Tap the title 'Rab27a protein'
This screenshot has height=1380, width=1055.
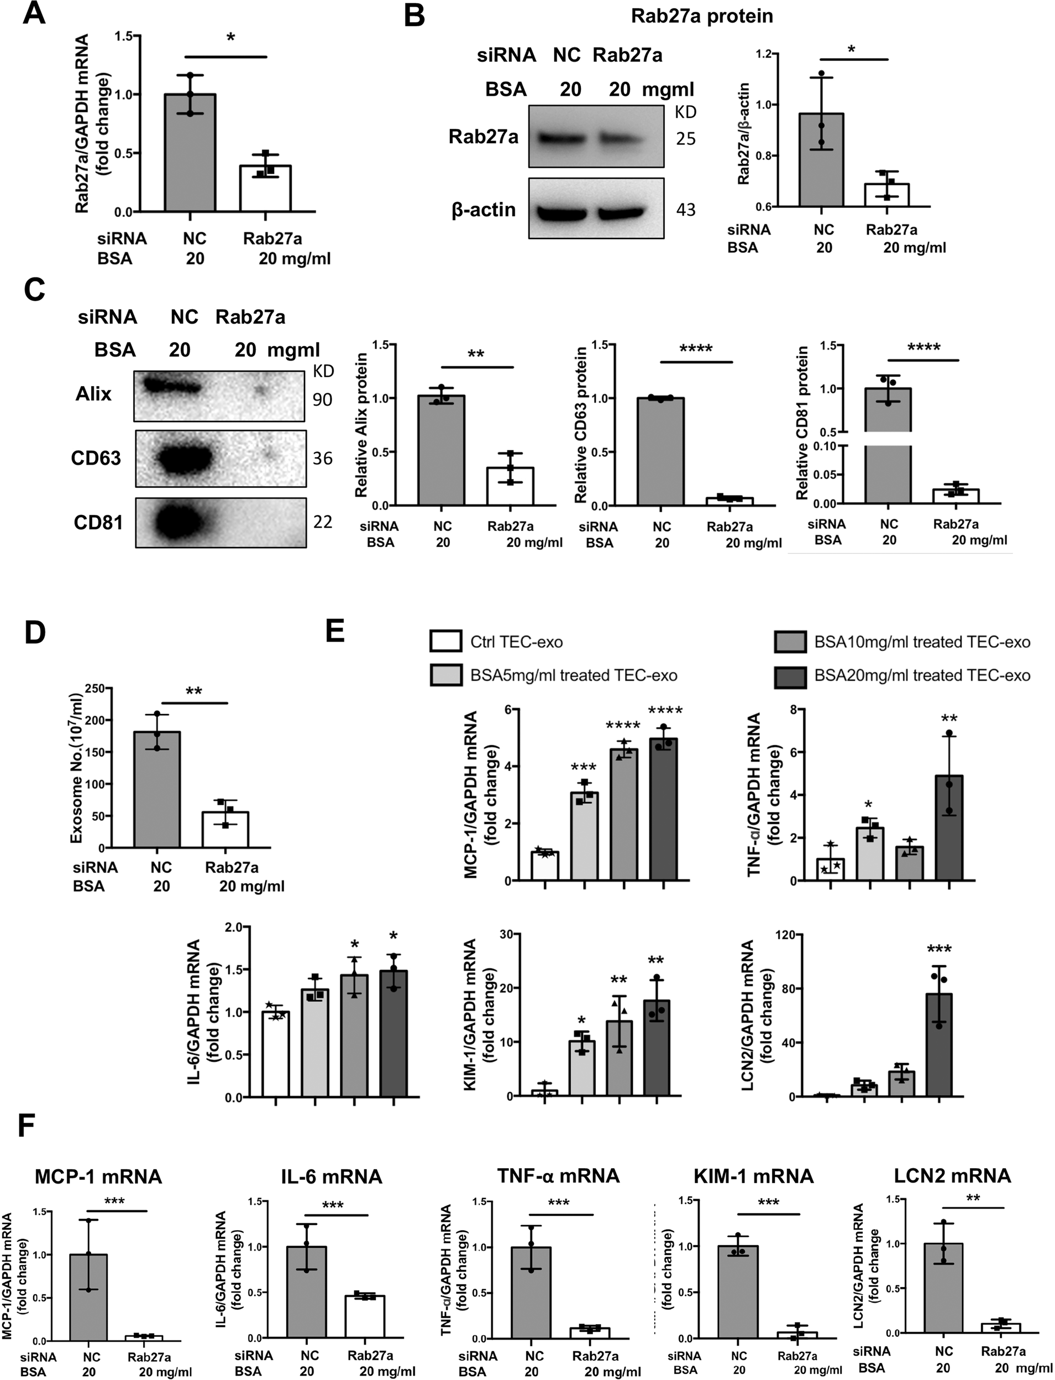click(x=702, y=15)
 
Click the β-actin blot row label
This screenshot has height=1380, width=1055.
click(x=484, y=209)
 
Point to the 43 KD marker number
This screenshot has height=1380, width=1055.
click(x=686, y=209)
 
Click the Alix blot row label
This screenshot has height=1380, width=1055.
click(x=93, y=394)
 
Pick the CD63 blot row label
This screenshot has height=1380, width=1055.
click(x=96, y=458)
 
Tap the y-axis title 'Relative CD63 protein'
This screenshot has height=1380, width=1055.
click(x=581, y=425)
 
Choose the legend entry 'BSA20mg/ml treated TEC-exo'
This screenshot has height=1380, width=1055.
click(x=922, y=675)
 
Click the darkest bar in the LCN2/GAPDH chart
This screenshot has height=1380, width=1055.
click(x=939, y=1044)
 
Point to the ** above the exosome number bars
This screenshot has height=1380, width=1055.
click(x=194, y=692)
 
